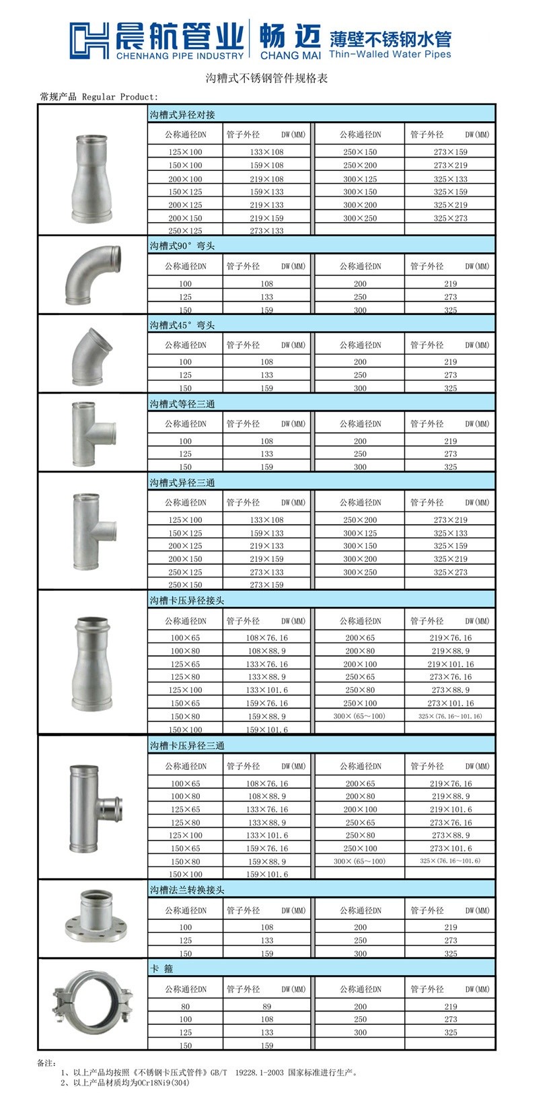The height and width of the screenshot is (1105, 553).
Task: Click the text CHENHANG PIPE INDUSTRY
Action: click(180, 55)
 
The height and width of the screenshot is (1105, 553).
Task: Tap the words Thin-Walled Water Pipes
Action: click(390, 54)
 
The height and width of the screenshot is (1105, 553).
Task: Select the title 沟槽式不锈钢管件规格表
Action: click(266, 79)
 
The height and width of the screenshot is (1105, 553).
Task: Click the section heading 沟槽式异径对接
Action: click(182, 115)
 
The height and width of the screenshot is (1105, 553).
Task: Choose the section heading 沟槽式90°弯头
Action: click(182, 246)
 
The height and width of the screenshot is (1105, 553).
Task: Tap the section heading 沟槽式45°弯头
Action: click(182, 325)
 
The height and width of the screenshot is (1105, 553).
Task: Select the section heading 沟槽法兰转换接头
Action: click(187, 890)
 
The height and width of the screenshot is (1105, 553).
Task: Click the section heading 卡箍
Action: click(157, 968)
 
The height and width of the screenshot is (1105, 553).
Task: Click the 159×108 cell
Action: click(266, 165)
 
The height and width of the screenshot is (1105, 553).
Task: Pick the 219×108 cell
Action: click(266, 179)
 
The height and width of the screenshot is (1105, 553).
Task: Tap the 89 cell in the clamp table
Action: click(266, 1007)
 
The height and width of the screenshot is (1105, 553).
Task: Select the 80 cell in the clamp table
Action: click(185, 1007)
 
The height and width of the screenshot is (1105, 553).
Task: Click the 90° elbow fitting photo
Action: click(92, 276)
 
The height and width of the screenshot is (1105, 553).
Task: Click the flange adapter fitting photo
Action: click(92, 919)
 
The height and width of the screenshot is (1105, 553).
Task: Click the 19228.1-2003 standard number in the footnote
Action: click(261, 1073)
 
